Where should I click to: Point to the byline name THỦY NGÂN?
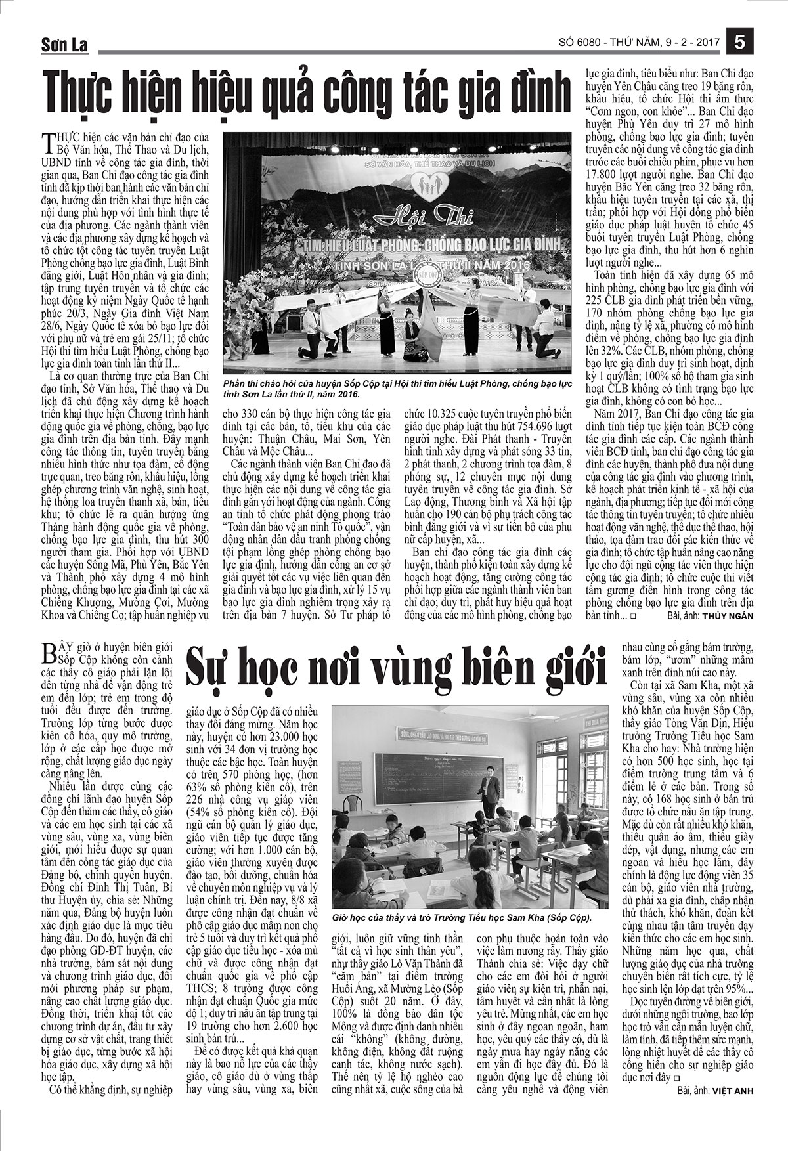tap(727, 616)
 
